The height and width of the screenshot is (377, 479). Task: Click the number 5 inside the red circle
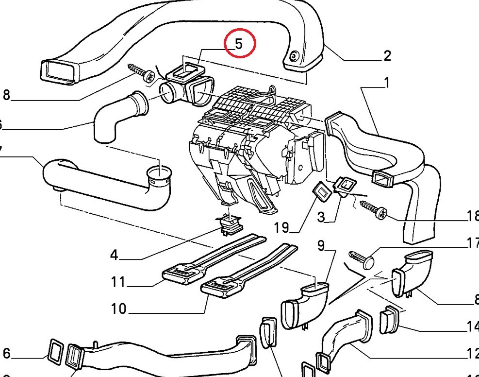[x=239, y=44]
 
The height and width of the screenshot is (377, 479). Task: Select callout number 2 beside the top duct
[x=386, y=56]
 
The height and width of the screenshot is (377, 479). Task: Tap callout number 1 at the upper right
[x=386, y=84]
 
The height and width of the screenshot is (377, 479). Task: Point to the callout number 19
[x=281, y=227]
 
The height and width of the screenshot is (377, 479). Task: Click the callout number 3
[x=321, y=217]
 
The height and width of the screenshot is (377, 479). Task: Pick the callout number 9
[x=321, y=246]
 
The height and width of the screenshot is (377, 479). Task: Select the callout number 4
[x=114, y=255]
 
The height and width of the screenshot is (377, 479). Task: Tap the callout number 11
[x=118, y=282]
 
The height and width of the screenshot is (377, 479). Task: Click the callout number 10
[x=118, y=308]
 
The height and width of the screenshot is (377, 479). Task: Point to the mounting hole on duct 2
[x=294, y=57]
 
